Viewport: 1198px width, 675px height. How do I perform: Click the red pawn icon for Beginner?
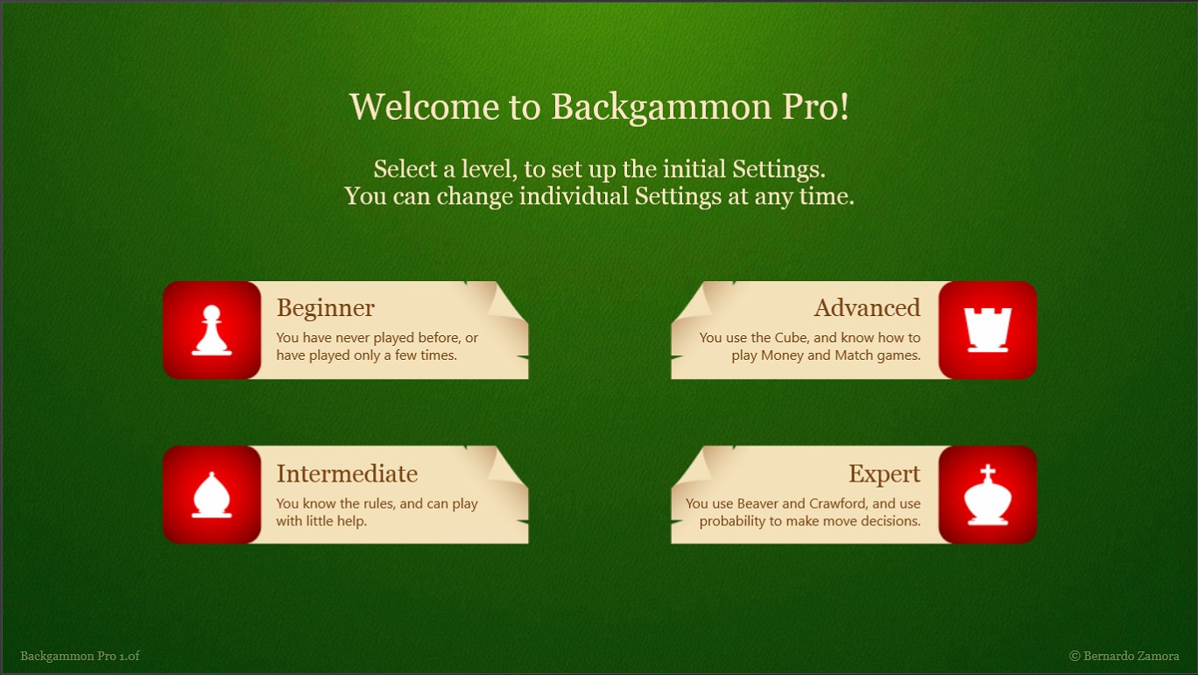(x=212, y=330)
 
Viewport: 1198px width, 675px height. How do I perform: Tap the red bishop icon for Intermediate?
(x=212, y=495)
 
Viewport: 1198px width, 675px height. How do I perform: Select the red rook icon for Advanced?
(x=987, y=330)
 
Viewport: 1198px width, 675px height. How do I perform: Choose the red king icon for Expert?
(x=987, y=495)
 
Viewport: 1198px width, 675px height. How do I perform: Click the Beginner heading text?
(x=326, y=308)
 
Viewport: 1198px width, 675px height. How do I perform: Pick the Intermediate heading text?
(x=347, y=474)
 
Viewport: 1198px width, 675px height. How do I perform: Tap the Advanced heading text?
(x=867, y=308)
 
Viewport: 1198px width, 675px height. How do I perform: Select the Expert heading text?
(x=884, y=474)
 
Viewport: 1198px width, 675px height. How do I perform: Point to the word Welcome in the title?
(x=425, y=107)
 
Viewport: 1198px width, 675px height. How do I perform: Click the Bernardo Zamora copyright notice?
(x=1124, y=656)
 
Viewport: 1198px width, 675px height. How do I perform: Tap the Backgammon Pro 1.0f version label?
(x=80, y=656)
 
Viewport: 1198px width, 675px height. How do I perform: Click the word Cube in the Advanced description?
(x=790, y=338)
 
